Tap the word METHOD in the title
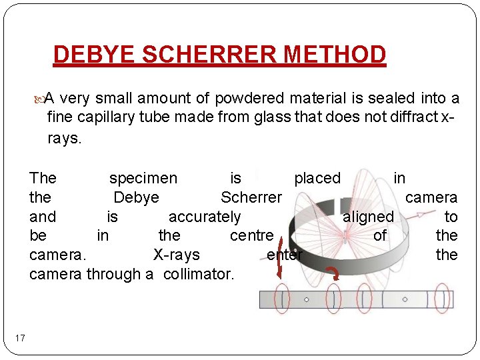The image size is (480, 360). pyautogui.click(x=337, y=55)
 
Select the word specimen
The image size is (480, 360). pyautogui.click(x=143, y=178)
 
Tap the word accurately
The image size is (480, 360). pyautogui.click(x=205, y=217)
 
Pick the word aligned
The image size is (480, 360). pyautogui.click(x=368, y=217)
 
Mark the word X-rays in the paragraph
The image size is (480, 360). pyautogui.click(x=176, y=255)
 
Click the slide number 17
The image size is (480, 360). pyautogui.click(x=20, y=339)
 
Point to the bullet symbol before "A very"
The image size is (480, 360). pyautogui.click(x=38, y=99)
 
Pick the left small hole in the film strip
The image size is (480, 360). pyautogui.click(x=306, y=299)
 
